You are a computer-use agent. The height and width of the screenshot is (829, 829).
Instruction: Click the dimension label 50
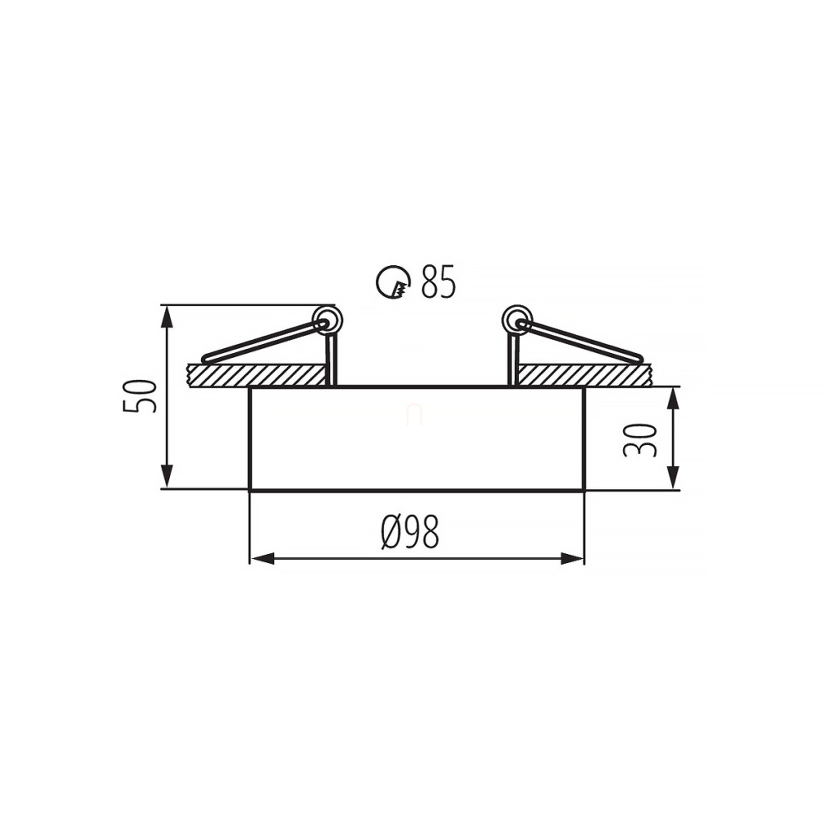coord(140,396)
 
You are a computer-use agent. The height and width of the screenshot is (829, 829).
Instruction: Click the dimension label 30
coord(639,440)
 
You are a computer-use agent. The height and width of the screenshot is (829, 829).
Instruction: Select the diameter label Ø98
coord(410,532)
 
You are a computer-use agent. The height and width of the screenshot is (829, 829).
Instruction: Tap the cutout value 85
coord(437,282)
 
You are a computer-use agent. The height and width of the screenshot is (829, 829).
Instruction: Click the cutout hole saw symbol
coord(393,282)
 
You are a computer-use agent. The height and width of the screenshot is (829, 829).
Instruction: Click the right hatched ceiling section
coord(584,375)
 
